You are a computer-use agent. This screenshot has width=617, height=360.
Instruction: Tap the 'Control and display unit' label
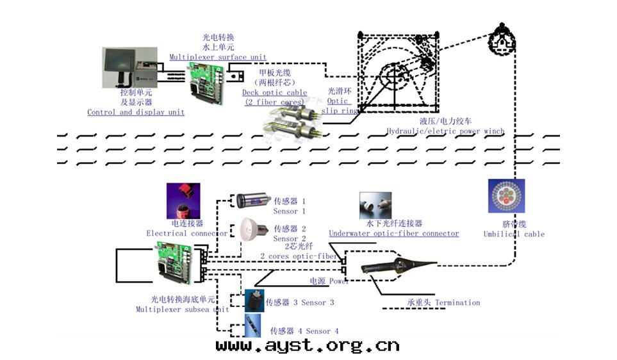[x=136, y=112]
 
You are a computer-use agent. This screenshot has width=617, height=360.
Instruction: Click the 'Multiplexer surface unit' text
[x=218, y=57]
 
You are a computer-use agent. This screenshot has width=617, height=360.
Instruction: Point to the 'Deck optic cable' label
[x=274, y=92]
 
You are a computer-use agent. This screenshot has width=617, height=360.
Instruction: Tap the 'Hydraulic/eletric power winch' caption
[x=445, y=131]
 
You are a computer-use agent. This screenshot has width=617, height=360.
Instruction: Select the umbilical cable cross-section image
[x=506, y=196]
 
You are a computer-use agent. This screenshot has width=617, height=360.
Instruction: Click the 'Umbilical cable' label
[x=514, y=234]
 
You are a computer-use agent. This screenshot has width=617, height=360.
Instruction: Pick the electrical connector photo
[x=183, y=200]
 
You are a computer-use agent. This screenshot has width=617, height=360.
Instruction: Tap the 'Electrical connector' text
[x=186, y=233]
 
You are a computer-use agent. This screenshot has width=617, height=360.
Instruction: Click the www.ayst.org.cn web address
[x=308, y=346]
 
